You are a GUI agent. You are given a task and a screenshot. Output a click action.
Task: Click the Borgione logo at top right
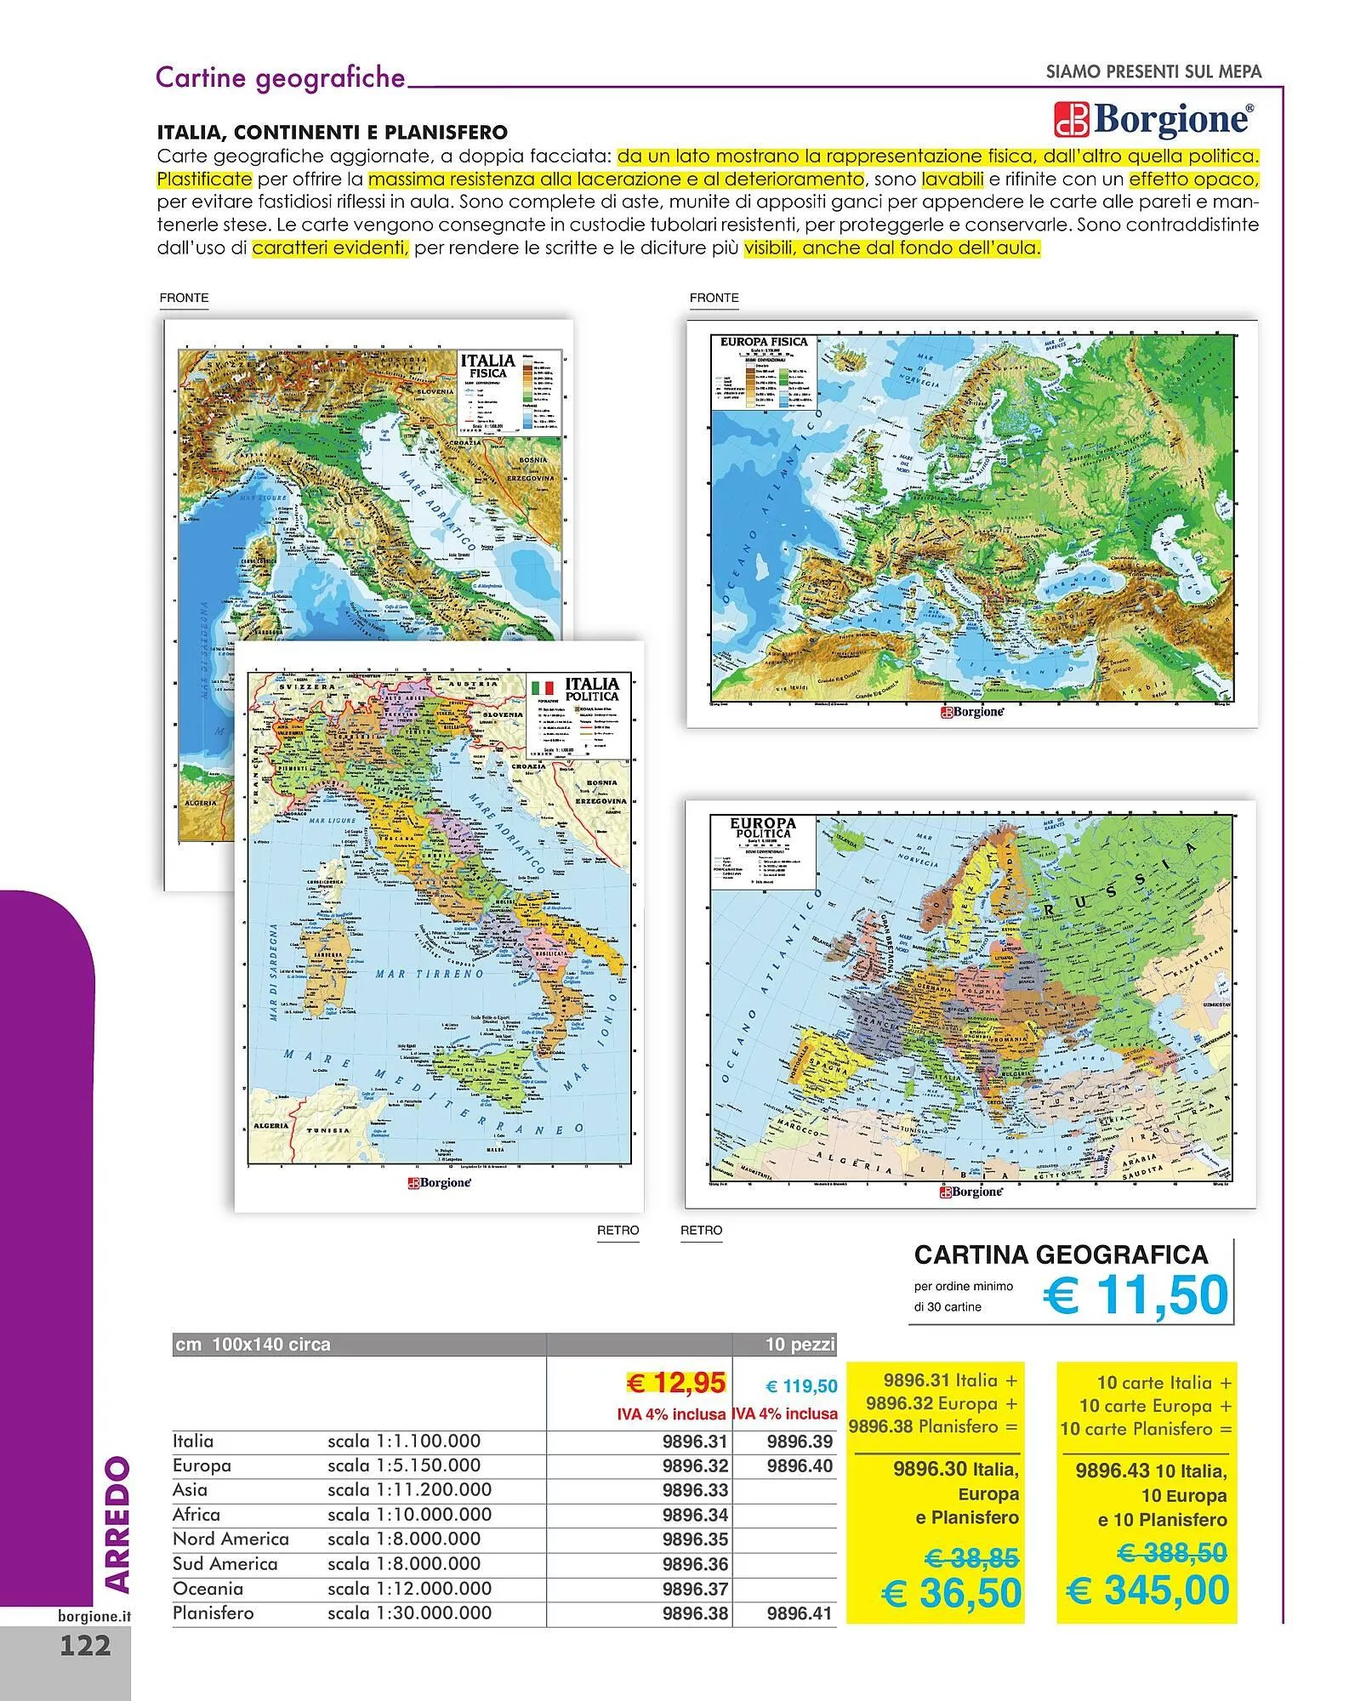pos(1153,119)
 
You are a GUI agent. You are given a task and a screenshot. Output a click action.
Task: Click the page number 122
pos(85,1645)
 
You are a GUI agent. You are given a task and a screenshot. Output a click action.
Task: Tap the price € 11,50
pos(1136,1295)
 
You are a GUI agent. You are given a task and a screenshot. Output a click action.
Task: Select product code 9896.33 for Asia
pos(695,1490)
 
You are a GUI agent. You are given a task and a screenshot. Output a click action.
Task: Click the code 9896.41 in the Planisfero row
pos(799,1613)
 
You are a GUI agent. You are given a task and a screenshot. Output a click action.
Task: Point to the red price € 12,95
pos(675,1384)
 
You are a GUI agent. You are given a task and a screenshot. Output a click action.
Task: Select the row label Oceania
pos(208,1589)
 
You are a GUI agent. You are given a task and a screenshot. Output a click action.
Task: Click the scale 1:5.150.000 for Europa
pos(404,1465)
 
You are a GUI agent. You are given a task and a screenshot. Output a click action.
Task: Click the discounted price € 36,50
pos(951,1592)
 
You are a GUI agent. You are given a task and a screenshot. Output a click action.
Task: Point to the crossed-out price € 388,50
pos(1171,1553)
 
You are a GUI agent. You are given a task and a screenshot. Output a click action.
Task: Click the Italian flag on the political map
pos(542,686)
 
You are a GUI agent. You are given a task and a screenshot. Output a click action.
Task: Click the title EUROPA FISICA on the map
pos(763,342)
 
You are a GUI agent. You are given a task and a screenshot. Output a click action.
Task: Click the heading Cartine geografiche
pos(281,77)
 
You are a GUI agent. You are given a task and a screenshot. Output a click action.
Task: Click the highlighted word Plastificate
pos(204,179)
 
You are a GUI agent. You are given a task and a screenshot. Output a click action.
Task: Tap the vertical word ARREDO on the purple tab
pos(117,1524)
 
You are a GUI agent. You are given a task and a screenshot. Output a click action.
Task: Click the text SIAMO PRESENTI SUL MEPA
pos(1153,72)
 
